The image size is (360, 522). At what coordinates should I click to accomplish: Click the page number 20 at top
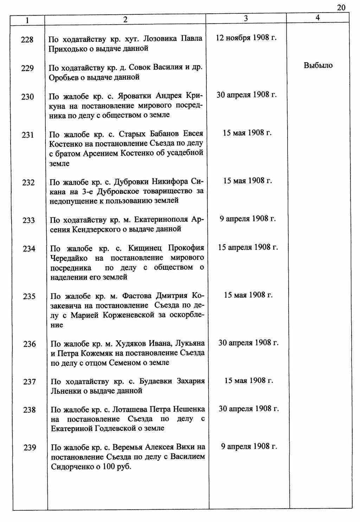tap(341, 8)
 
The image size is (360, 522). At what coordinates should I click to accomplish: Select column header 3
tap(246, 18)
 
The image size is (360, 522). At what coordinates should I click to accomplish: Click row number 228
tap(27, 39)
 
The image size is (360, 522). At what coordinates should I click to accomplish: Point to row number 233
tap(28, 221)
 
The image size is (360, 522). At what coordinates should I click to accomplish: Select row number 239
tap(30, 448)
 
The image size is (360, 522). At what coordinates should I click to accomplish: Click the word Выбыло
tap(318, 66)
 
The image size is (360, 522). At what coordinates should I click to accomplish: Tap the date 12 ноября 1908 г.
tap(246, 38)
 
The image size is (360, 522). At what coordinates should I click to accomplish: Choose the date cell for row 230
tap(246, 95)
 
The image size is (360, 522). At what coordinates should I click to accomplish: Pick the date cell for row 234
tap(248, 247)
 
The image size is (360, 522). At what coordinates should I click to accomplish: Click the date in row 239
tap(249, 446)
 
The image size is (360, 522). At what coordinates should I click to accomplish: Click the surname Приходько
tap(66, 48)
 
